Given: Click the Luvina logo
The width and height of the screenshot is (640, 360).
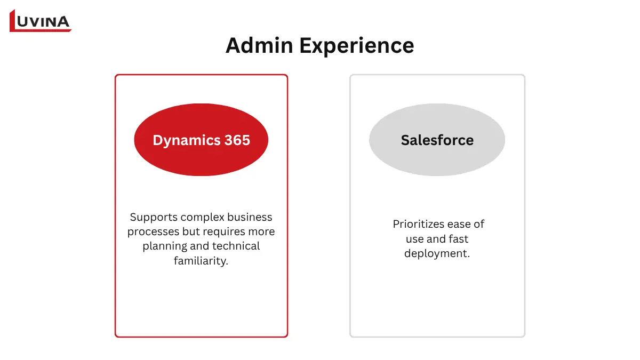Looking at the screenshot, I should (41, 21).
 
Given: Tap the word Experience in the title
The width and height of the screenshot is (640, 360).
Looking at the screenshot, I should (356, 46).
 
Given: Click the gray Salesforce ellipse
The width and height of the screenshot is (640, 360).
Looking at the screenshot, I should (437, 140).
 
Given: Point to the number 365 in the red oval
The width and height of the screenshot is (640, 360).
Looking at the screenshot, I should (237, 140).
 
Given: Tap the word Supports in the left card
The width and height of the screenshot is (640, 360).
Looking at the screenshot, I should (153, 218).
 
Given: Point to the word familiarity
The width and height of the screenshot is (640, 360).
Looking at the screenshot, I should (201, 261).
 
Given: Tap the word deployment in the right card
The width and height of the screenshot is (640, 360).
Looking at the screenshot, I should (437, 254).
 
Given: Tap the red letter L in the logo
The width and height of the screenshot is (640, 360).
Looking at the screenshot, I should (14, 21).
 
